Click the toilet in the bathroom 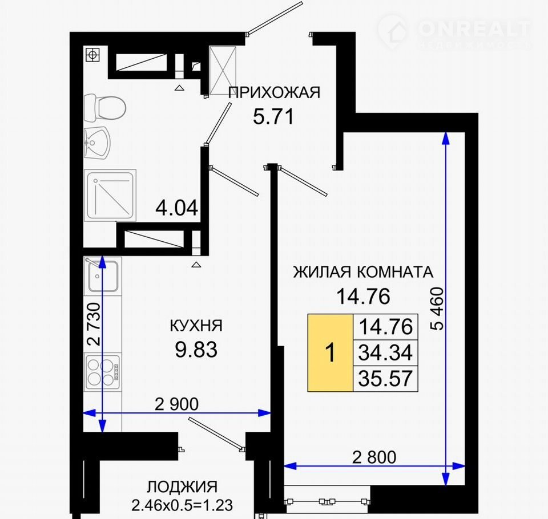click(x=104, y=108)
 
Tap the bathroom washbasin click(x=97, y=143)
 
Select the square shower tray click(x=110, y=195)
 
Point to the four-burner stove click(x=103, y=372)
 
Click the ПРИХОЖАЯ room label click(x=274, y=92)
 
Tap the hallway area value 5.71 click(x=273, y=117)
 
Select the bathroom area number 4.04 click(x=176, y=208)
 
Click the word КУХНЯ click(x=196, y=326)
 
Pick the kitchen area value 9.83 click(x=196, y=350)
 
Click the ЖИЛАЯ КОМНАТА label click(x=363, y=272)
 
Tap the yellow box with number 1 click(x=330, y=353)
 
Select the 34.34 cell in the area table click(x=385, y=353)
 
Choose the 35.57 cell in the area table click(x=385, y=379)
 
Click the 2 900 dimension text click(x=176, y=404)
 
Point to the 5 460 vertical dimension click(x=438, y=309)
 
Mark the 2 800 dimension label click(x=374, y=457)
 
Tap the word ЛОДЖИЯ click(x=182, y=487)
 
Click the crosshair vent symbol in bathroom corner click(x=92, y=55)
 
